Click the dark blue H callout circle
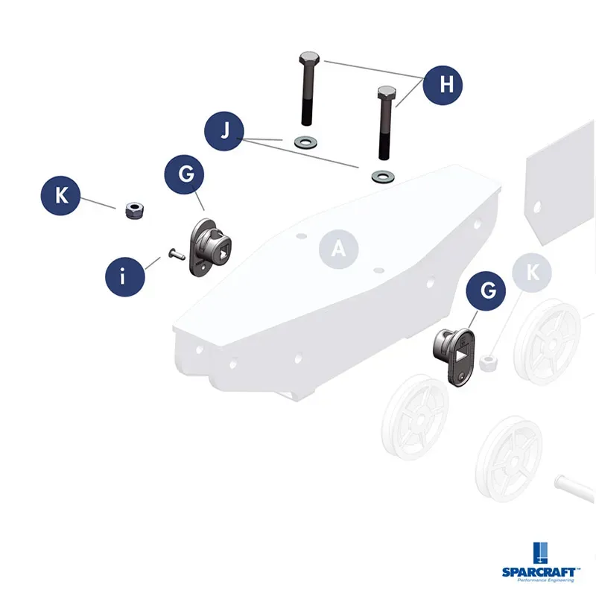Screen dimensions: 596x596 pos(443,85)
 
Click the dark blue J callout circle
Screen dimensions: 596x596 pos(224,131)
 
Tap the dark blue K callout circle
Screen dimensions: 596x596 pos(61,195)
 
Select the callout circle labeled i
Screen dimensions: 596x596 pos(125,276)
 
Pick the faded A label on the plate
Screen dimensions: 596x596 pos(339,250)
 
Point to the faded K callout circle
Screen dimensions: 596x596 pos(532,273)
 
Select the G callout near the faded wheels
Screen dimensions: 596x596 pos(486,291)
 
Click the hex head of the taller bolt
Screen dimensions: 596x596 pos(309,58)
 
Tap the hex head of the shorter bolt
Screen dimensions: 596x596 pos(387,92)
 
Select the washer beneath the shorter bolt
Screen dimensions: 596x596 pos(383,177)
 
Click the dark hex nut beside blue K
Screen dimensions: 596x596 pos(135,211)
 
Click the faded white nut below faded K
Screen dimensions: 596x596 pos(488,362)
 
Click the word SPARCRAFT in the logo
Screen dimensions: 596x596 pos(539,571)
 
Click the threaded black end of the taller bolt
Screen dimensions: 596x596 pos(306,112)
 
